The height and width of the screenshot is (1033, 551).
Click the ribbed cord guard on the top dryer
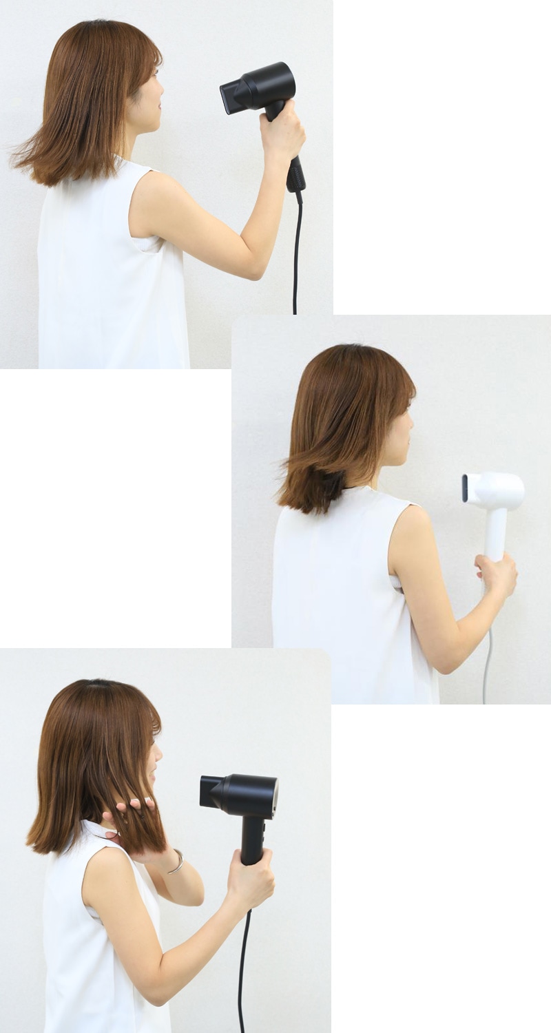click(x=296, y=176)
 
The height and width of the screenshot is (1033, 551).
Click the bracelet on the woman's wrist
click(x=176, y=861)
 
